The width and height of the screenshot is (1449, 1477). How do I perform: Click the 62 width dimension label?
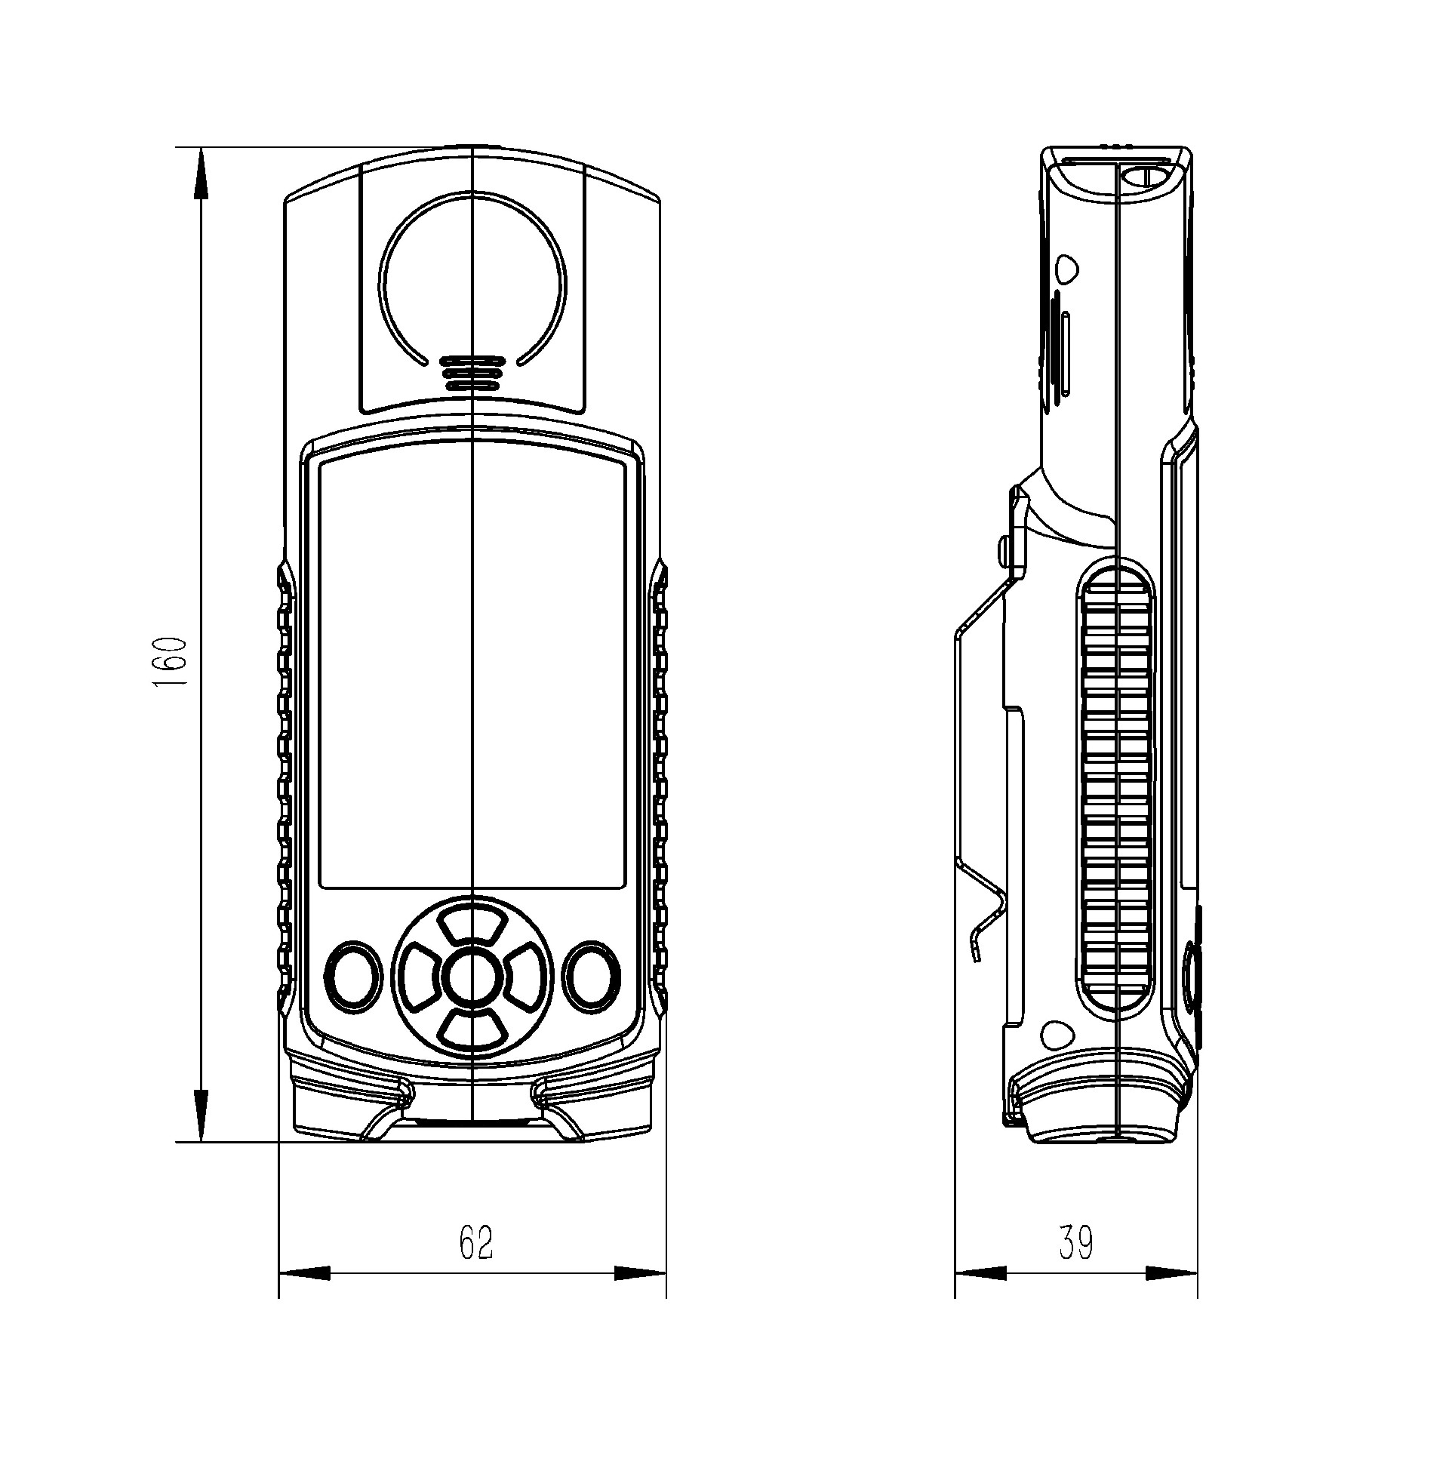click(x=476, y=1242)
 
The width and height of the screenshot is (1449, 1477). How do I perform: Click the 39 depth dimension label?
click(x=1076, y=1242)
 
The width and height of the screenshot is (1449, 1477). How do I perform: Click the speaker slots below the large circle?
click(x=472, y=372)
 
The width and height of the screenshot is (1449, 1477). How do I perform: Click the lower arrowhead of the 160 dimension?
click(x=201, y=1115)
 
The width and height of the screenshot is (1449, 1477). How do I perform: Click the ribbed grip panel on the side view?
click(x=1115, y=792)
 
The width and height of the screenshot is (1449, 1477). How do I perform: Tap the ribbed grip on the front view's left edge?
click(x=285, y=792)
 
